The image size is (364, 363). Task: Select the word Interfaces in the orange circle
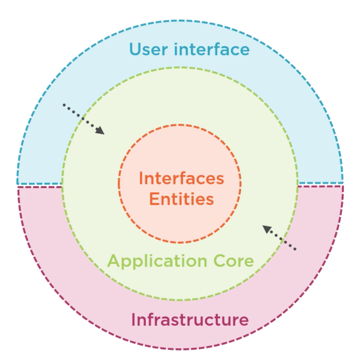pos(181,178)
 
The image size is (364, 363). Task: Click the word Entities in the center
pos(182,199)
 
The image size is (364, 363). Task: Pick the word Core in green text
pos(234,261)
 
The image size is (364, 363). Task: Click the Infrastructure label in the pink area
pos(190,320)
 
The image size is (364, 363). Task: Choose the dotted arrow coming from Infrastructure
pos(280,238)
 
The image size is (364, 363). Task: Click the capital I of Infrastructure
pos(133,320)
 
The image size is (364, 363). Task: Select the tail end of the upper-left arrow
pos(64,105)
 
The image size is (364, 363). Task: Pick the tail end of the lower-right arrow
pos(295,249)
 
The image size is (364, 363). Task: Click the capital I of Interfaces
pos(141,178)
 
